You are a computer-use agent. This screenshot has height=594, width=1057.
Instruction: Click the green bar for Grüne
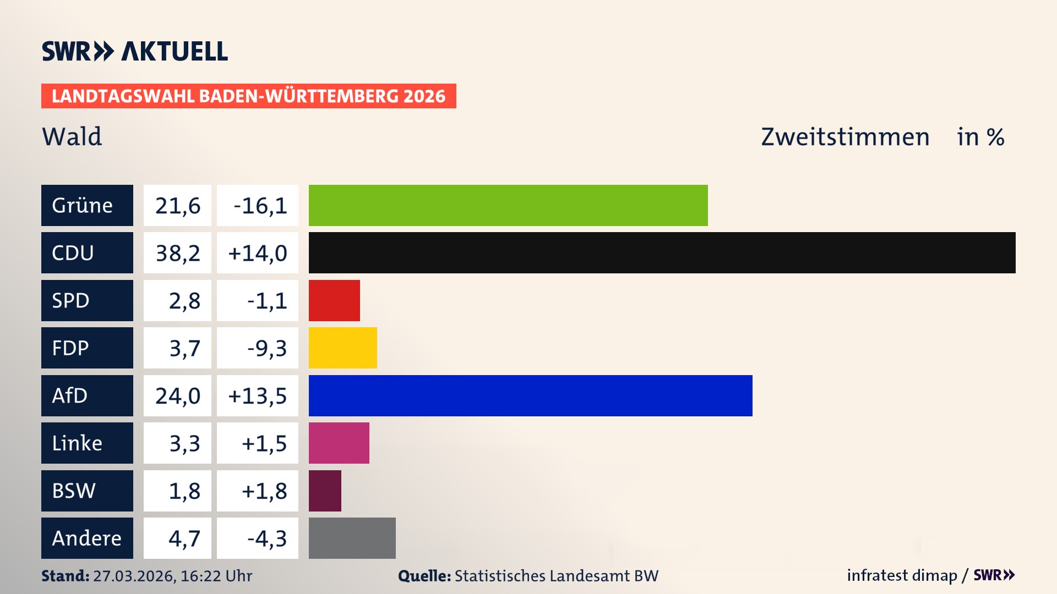(x=508, y=205)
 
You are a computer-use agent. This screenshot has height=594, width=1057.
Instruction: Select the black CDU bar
(x=662, y=252)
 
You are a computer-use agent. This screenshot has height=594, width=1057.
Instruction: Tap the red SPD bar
(x=334, y=300)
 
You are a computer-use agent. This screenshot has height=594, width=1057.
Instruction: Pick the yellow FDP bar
(x=342, y=348)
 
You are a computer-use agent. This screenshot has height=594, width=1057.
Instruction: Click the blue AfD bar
(x=530, y=395)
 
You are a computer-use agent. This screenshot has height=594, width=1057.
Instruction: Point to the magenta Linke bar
(x=339, y=443)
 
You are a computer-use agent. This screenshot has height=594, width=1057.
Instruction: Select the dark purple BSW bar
(x=325, y=491)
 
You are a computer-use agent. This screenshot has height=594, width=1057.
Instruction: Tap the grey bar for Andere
(x=352, y=538)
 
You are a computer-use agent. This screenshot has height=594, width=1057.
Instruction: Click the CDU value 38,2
(x=177, y=253)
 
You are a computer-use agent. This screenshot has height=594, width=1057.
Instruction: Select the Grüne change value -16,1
(x=259, y=206)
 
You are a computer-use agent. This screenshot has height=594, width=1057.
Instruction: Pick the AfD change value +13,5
(x=257, y=396)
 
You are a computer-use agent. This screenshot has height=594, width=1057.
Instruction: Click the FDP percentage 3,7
(x=184, y=348)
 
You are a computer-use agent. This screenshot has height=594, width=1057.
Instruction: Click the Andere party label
(x=87, y=538)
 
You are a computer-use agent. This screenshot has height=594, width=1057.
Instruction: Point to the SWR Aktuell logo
(x=134, y=51)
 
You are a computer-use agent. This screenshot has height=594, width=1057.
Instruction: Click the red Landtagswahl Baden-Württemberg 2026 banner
(x=248, y=96)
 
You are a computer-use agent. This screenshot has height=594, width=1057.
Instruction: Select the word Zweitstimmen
(x=844, y=137)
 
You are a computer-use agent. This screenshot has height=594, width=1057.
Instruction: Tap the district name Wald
(x=72, y=136)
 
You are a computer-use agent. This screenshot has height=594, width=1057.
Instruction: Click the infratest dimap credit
(x=901, y=575)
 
